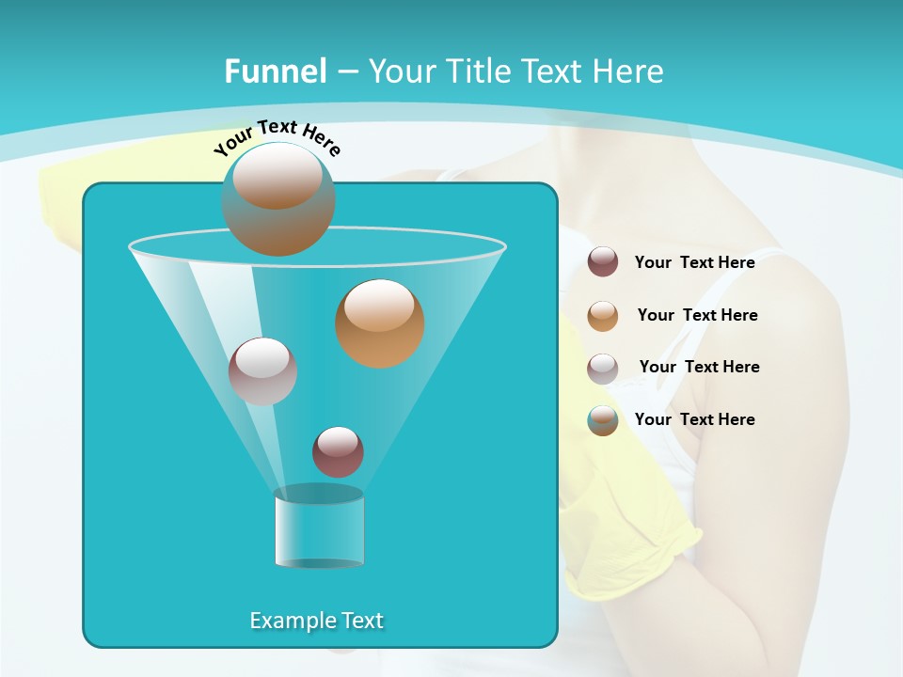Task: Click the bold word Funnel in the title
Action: coord(276,71)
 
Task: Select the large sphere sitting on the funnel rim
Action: coord(278,199)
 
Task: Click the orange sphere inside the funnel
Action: coord(379,323)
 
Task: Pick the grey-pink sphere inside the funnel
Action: coord(263,371)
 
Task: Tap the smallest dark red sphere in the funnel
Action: coord(338,451)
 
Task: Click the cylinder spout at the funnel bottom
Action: coord(319,527)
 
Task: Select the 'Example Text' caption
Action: coord(316,621)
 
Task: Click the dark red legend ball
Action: coord(603,262)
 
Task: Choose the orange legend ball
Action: coord(603,316)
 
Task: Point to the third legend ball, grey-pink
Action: coord(603,369)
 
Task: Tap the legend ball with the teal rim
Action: coord(603,421)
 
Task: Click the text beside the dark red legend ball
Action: coord(694,262)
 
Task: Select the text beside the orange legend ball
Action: coord(697,315)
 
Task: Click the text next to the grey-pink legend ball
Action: coord(699,367)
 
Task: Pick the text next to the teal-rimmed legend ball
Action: coord(694,419)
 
